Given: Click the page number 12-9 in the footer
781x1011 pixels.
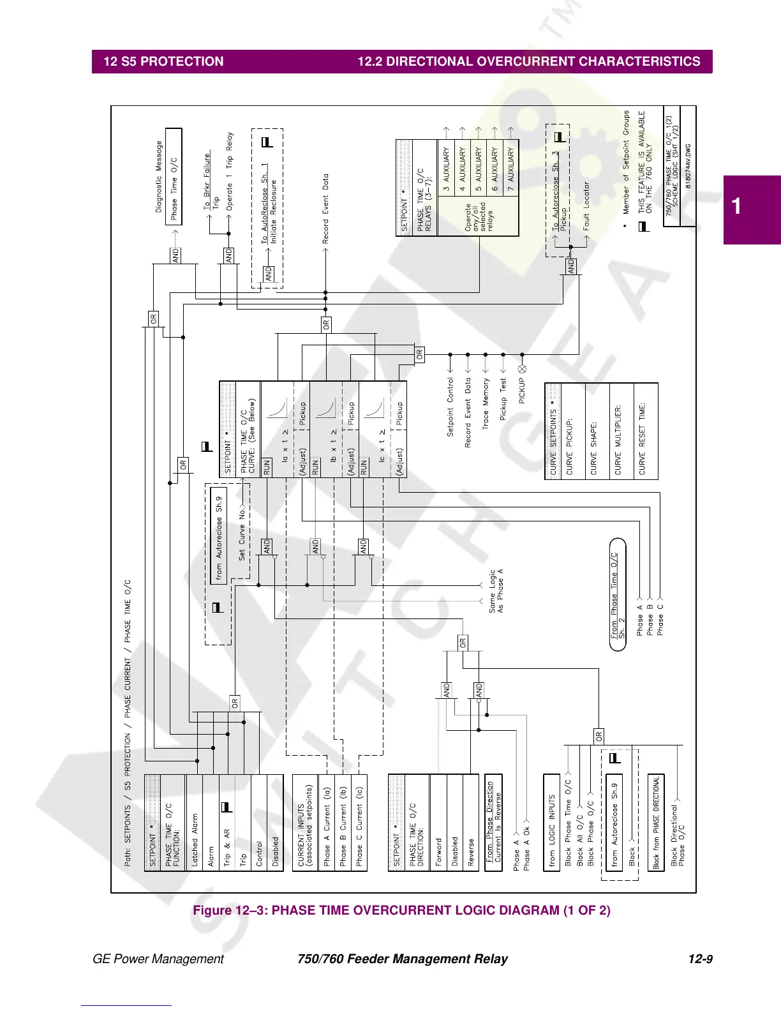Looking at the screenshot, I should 700,959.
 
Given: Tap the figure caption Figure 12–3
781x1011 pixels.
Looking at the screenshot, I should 401,910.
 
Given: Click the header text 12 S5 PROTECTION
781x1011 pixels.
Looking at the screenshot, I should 163,61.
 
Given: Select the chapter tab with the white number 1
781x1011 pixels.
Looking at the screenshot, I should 751,208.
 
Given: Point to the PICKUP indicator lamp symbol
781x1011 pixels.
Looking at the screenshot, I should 522,369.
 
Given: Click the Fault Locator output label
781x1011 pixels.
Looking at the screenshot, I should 586,206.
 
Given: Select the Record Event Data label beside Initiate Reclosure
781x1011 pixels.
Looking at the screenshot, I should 325,208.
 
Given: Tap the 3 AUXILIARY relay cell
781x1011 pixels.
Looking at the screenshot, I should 446,170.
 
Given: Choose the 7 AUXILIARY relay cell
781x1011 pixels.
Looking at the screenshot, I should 510,170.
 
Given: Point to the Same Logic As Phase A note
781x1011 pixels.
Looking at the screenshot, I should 496,591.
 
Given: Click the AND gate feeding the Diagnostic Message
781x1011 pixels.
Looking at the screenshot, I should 175,255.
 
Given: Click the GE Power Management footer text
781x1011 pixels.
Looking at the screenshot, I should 158,959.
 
